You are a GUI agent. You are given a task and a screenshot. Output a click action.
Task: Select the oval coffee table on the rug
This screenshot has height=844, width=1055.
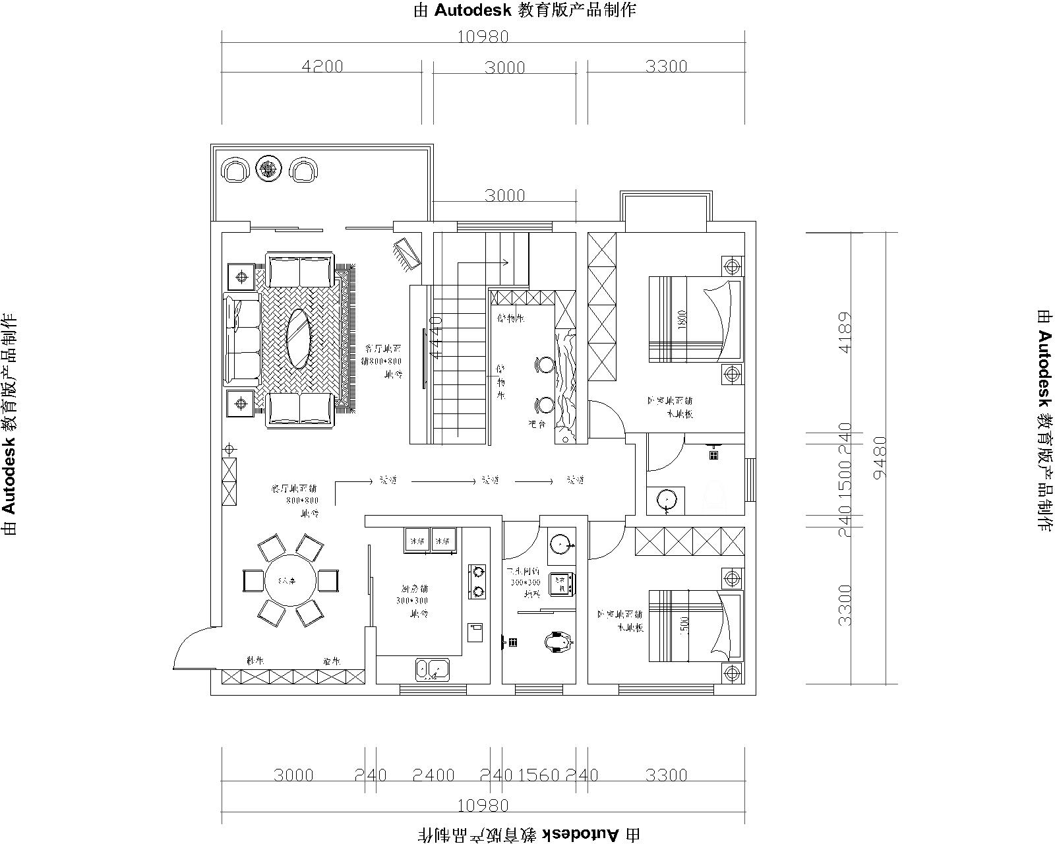point(298,339)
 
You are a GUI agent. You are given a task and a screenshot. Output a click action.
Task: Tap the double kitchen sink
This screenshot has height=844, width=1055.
point(432,670)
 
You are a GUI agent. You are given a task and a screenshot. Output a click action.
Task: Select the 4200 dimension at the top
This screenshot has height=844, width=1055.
point(322,67)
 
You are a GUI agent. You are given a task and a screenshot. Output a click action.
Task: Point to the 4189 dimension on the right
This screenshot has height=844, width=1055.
point(845,333)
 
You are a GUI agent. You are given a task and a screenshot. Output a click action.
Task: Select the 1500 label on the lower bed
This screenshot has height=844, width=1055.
point(683,624)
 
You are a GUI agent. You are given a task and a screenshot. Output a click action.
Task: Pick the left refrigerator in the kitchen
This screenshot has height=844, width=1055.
point(417,539)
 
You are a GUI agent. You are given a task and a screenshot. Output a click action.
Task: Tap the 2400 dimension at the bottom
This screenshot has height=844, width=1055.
point(434,775)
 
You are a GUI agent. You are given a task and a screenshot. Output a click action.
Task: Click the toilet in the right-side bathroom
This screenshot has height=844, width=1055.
point(714,495)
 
